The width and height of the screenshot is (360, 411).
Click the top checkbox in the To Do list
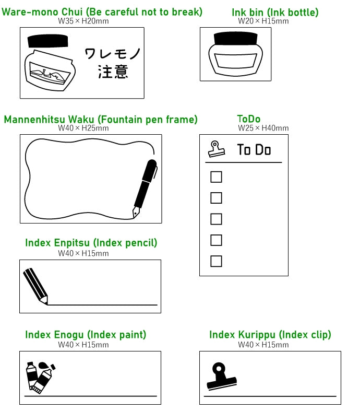pyautogui.click(x=216, y=177)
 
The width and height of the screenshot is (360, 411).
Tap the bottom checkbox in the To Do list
pyautogui.click(x=216, y=261)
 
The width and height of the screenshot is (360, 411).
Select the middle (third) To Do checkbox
pyautogui.click(x=216, y=219)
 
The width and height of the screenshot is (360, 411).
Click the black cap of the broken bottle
pyautogui.click(x=47, y=41)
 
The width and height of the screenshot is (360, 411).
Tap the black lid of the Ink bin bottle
pyautogui.click(x=235, y=39)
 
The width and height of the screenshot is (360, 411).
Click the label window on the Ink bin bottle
pyautogui.click(x=235, y=61)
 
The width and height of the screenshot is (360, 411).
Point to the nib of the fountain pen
pyautogui.click(x=136, y=213)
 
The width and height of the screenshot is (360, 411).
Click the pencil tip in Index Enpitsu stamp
pyautogui.click(x=44, y=300)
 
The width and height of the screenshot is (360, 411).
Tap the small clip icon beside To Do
pyautogui.click(x=217, y=149)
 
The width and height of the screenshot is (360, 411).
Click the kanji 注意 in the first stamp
pyautogui.click(x=113, y=72)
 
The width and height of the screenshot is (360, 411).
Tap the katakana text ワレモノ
pyautogui.click(x=113, y=54)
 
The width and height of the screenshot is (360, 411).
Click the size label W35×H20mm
pyautogui.click(x=83, y=21)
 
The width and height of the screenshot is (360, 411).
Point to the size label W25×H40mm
pyautogui.click(x=263, y=128)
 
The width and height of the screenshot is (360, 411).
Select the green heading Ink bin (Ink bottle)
pyautogui.click(x=275, y=13)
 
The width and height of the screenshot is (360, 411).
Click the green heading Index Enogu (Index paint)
pyautogui.click(x=86, y=335)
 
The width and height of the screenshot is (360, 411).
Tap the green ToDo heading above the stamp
pyautogui.click(x=249, y=119)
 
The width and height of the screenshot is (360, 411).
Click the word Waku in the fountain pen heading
pyautogui.click(x=81, y=120)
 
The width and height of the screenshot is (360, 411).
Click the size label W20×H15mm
pyautogui.click(x=263, y=21)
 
